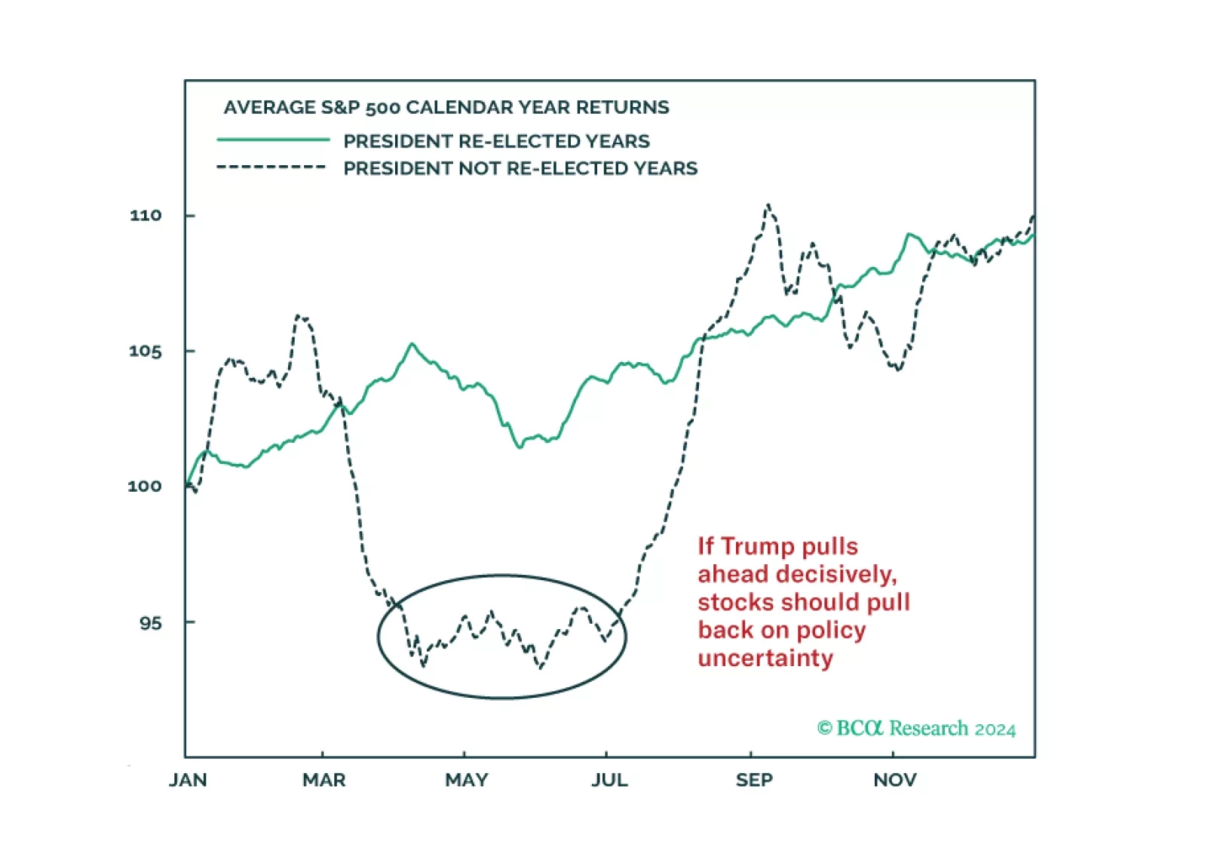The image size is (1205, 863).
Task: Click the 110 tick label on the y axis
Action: click(146, 216)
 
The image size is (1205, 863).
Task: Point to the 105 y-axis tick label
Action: click(146, 352)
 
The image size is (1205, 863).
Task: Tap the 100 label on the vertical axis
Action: click(145, 487)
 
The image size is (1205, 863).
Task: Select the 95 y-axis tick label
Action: click(150, 623)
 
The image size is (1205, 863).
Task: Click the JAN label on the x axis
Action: click(188, 780)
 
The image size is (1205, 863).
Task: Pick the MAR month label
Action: click(324, 780)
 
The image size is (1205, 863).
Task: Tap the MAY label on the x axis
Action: click(466, 780)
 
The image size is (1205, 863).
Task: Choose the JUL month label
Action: click(609, 780)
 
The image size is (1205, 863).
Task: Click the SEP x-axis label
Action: click(754, 780)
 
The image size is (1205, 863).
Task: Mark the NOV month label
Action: click(895, 780)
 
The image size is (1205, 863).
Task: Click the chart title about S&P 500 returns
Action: click(446, 108)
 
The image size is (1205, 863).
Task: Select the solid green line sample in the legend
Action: click(273, 140)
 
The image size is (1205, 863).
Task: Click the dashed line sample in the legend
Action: click(271, 167)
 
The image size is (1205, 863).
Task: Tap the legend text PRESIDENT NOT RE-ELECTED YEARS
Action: click(520, 168)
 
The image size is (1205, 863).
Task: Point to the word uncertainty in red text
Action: click(765, 658)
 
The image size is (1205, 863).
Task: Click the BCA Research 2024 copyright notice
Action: click(916, 729)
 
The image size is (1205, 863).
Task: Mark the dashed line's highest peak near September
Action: click(768, 205)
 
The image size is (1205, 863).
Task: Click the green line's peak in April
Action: click(412, 344)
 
